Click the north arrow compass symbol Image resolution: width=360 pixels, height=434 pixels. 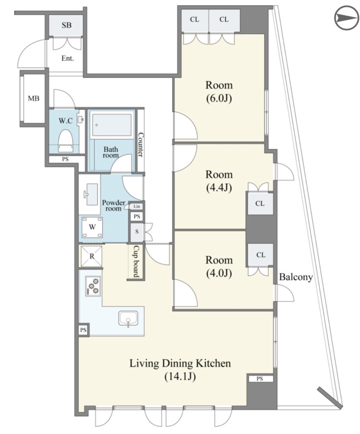pyautogui.click(x=346, y=18)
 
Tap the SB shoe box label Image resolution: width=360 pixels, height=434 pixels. pyautogui.click(x=66, y=25)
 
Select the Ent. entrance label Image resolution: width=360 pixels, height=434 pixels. pyautogui.click(x=68, y=59)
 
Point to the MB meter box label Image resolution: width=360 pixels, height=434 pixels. pyautogui.click(x=33, y=98)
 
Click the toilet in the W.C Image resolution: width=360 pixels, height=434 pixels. pyautogui.click(x=66, y=141)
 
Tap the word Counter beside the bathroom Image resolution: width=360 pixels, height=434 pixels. pyautogui.click(x=141, y=145)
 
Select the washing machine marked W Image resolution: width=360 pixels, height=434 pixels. pyautogui.click(x=92, y=227)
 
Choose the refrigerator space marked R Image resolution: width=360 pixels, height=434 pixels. pyautogui.click(x=92, y=256)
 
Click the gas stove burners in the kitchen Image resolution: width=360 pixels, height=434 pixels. pyautogui.click(x=93, y=286)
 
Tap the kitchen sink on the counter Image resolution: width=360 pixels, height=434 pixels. pyautogui.click(x=128, y=318)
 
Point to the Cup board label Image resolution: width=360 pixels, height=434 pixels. pyautogui.click(x=136, y=262)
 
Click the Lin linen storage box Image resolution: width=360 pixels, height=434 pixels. pyautogui.click(x=137, y=206)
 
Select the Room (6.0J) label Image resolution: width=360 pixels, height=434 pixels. pyautogui.click(x=219, y=92)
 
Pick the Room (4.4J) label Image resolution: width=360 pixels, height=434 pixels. pyautogui.click(x=219, y=181)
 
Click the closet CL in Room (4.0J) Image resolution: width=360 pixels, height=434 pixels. pyautogui.click(x=261, y=255)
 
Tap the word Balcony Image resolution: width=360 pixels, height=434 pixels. pyautogui.click(x=296, y=277)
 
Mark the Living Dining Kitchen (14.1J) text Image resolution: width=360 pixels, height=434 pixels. pyautogui.click(x=180, y=370)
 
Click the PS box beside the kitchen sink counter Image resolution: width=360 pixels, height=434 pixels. pyautogui.click(x=83, y=330)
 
